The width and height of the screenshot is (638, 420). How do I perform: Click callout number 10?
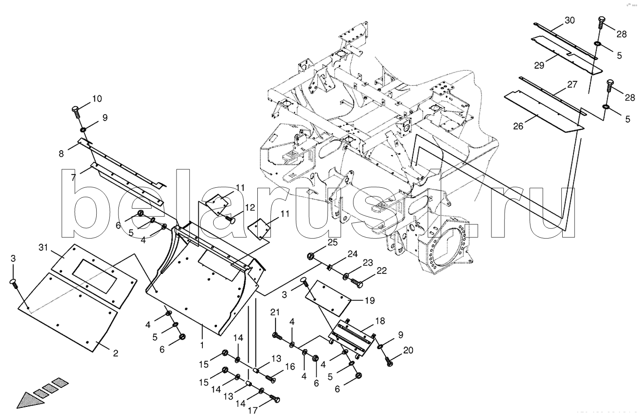click(x=97, y=99)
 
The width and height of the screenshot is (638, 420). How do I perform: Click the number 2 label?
click(x=115, y=353)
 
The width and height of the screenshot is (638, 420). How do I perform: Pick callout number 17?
click(x=252, y=410)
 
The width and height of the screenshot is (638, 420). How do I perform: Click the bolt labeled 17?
click(x=275, y=399)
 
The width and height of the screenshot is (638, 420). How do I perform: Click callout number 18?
click(x=380, y=321)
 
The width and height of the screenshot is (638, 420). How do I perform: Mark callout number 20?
click(x=408, y=350)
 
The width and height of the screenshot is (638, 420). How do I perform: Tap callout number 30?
click(x=569, y=20)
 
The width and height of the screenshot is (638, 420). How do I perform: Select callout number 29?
click(x=539, y=65)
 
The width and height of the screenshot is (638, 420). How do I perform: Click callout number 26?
click(x=518, y=126)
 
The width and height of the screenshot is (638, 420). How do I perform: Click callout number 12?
click(x=250, y=207)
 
